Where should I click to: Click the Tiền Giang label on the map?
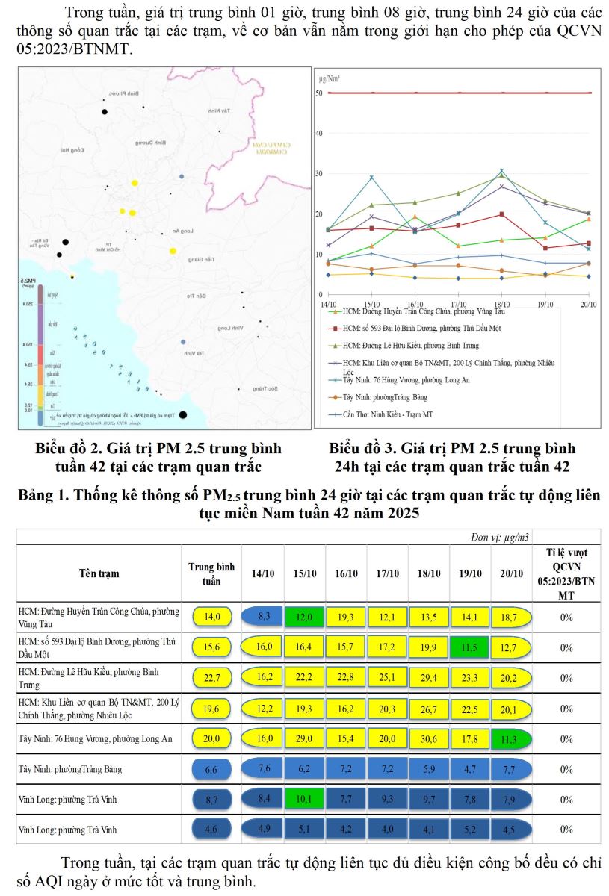pyautogui.click(x=202, y=260)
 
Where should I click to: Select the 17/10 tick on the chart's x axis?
pyautogui.click(x=458, y=304)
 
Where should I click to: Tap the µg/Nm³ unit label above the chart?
pyautogui.click(x=330, y=78)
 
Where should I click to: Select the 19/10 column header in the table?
pyautogui.click(x=470, y=573)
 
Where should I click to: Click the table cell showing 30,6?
pyautogui.click(x=429, y=738)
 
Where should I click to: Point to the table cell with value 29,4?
pyautogui.click(x=429, y=678)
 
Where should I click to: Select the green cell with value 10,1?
pyautogui.click(x=306, y=799)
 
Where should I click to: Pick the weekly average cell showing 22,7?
pyautogui.click(x=208, y=678)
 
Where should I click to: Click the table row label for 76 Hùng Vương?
pyautogui.click(x=95, y=738)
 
